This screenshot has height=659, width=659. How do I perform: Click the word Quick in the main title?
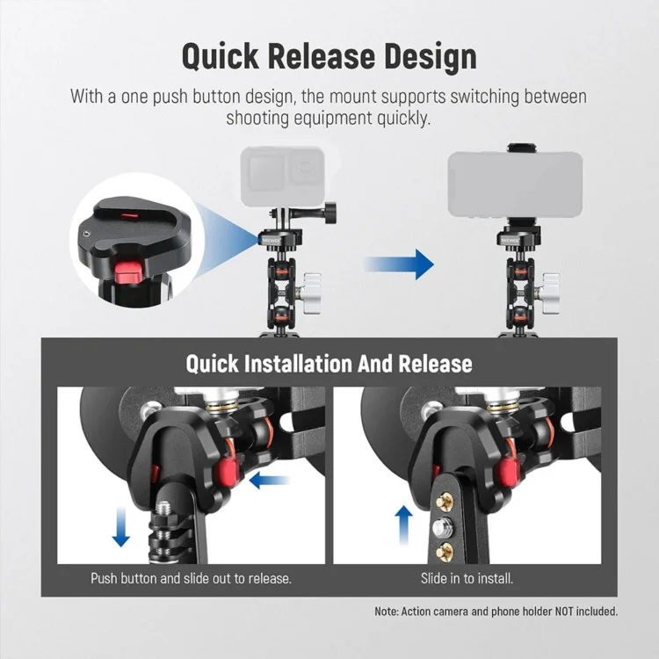pos(221,57)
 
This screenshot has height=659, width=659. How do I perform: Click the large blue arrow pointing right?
pos(399,264)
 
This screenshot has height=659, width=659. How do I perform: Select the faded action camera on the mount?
pos(282,176)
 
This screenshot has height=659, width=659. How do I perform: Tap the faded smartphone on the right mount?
pos(515,185)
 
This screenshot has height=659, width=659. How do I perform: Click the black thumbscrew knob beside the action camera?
pos(329,209)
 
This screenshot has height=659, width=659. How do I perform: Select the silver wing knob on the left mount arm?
pos(310,293)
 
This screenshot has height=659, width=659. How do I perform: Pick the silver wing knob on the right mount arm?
pos(550,293)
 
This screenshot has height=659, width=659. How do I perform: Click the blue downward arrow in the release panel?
pos(121,526)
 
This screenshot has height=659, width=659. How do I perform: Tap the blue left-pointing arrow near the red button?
pos(269,481)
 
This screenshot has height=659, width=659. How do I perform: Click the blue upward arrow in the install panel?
pos(404,525)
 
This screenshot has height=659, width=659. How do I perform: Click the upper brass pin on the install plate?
pos(445,501)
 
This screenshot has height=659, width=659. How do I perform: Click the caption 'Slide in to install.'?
pos(467,579)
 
